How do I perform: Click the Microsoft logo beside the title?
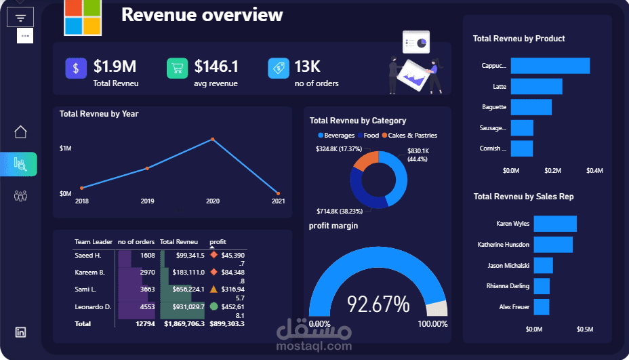(82, 18)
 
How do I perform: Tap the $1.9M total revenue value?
(115, 66)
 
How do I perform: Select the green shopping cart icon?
(177, 68)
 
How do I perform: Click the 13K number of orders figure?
(307, 66)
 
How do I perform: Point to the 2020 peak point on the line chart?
(213, 140)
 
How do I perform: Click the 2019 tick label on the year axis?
(147, 201)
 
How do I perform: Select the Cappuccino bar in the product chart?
(550, 66)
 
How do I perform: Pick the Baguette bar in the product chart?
(531, 107)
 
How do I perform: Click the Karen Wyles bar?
(554, 224)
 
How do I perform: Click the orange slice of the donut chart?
(367, 161)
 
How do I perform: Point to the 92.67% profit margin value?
(378, 304)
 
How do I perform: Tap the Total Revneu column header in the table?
(178, 242)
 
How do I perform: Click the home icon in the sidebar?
(20, 132)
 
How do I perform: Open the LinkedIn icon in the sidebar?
(20, 332)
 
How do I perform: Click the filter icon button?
(20, 18)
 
